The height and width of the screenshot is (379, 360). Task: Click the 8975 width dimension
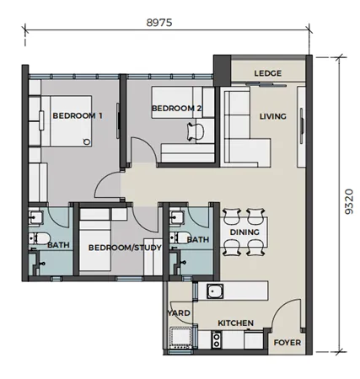(159, 23)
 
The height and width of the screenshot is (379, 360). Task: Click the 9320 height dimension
(349, 201)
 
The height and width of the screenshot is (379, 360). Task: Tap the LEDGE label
(267, 73)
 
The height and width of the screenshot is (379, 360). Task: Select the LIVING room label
(272, 116)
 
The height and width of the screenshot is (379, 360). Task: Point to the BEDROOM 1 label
(78, 115)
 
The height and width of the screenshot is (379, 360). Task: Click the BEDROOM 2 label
(176, 108)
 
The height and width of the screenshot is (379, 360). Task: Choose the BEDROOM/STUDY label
(125, 248)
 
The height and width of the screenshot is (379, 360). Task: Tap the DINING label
(244, 232)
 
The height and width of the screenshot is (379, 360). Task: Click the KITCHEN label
(235, 323)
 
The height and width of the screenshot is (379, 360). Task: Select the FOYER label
(287, 343)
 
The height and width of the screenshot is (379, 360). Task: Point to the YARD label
(179, 313)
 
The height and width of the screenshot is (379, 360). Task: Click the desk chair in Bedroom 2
(196, 131)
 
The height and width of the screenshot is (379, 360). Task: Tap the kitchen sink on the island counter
(215, 291)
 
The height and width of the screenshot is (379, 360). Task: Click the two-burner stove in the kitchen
(216, 340)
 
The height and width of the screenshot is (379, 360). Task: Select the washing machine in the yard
(180, 338)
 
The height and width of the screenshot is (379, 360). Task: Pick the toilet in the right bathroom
(180, 238)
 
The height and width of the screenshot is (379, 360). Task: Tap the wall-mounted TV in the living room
(302, 125)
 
